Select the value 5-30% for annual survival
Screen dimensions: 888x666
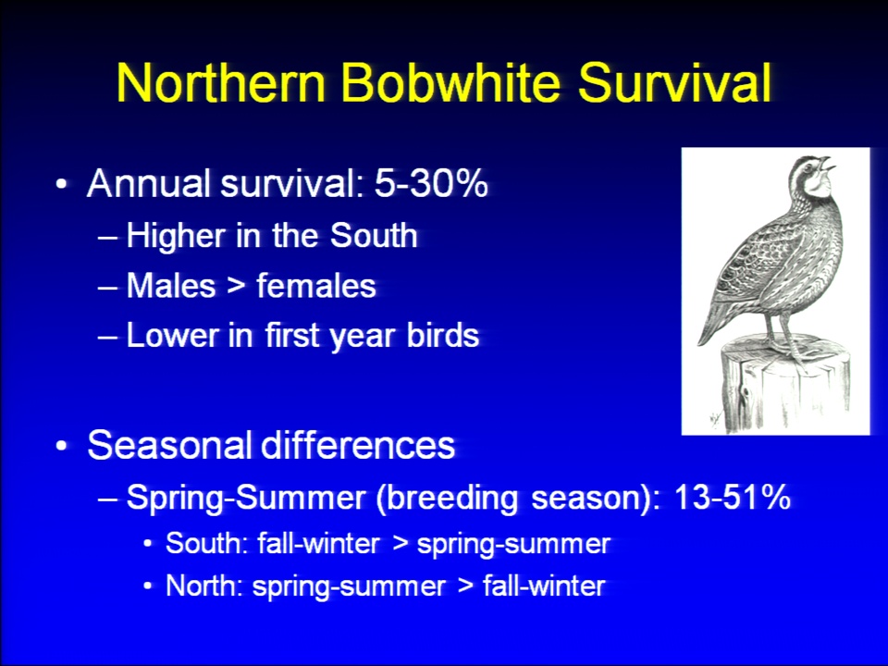click(431, 183)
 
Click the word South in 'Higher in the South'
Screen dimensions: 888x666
click(374, 235)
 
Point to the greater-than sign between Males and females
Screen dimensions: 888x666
click(236, 286)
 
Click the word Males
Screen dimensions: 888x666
click(171, 285)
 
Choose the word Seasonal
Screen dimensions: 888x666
click(169, 445)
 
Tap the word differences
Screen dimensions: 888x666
click(358, 445)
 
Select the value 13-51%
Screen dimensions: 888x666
click(733, 498)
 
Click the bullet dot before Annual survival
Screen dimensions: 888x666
click(62, 185)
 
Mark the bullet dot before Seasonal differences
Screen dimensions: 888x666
click(62, 446)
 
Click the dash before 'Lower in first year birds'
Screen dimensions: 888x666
click(107, 337)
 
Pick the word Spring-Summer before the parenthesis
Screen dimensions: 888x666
click(246, 499)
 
